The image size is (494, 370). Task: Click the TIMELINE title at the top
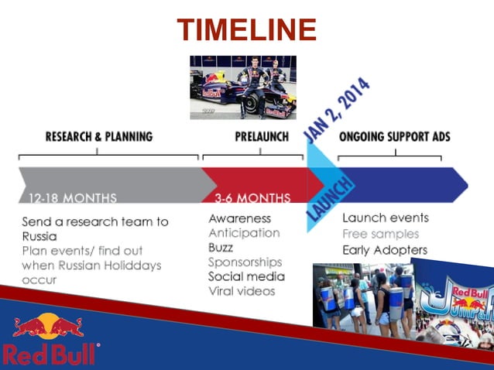coord(247,30)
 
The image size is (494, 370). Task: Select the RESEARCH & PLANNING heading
coord(99,137)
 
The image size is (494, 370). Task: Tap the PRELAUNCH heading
coord(261,137)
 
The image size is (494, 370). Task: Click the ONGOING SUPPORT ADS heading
coord(394,137)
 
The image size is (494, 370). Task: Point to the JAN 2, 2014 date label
coord(337,109)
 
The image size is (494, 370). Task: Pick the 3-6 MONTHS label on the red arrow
coord(252,197)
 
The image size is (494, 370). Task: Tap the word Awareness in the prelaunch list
coord(239,218)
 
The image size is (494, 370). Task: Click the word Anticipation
coord(244,233)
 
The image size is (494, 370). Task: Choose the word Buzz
coord(221,248)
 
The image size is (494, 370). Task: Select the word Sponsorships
coord(245,262)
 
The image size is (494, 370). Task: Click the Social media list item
coord(246,276)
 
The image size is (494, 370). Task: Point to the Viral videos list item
coord(242,291)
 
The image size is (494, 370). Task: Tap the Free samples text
coord(380,234)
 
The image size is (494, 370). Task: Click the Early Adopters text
coord(385,250)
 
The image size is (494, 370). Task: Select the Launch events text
coord(385,218)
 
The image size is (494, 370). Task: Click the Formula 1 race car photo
coord(243,87)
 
